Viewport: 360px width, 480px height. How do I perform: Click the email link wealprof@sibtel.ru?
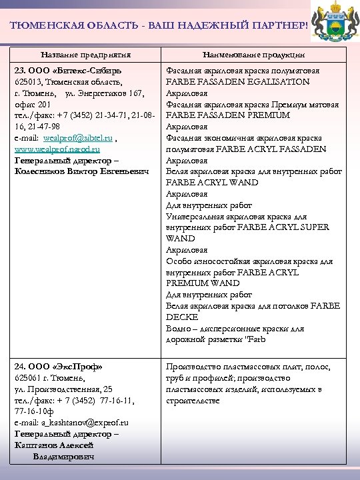tap(77, 138)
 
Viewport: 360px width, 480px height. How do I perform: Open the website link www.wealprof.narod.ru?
tap(57, 149)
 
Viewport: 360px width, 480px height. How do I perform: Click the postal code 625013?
tap(29, 82)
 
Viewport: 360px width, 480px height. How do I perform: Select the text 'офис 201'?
tap(32, 105)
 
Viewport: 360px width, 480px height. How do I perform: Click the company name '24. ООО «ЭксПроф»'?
tap(59, 367)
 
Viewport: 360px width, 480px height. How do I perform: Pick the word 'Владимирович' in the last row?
tap(63, 457)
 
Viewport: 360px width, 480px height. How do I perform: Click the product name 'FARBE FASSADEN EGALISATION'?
tap(237, 82)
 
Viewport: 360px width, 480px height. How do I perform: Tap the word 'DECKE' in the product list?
tap(178, 317)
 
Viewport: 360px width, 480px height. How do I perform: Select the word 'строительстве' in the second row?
tap(193, 400)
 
